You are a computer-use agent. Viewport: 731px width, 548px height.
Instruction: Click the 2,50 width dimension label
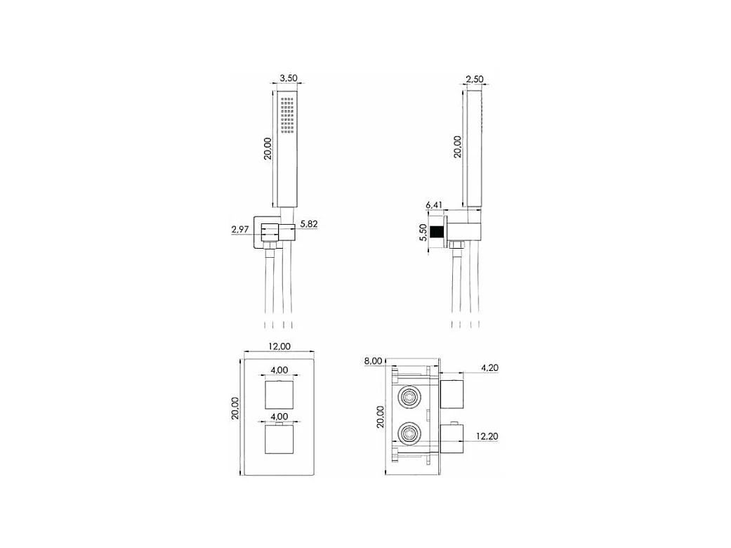pos(475,79)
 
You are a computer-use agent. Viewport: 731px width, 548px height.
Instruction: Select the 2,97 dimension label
pos(242,229)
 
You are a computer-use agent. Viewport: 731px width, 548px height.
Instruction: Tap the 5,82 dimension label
pos(310,223)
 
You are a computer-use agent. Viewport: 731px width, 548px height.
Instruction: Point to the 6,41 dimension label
pos(435,205)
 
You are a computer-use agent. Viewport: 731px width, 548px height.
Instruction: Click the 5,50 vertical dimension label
pos(423,232)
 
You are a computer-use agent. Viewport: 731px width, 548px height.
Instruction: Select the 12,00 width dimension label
pos(279,345)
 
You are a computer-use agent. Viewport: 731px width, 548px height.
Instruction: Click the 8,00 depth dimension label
pos(373,360)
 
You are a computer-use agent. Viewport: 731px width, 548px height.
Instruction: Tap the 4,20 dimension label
pos(490,367)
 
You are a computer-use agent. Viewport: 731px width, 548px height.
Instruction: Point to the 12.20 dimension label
pos(487,436)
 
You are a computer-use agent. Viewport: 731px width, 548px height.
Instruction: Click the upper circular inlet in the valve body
pos(409,397)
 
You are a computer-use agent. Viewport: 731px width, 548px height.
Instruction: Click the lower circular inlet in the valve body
pos(409,433)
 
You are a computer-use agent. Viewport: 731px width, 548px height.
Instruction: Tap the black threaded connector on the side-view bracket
pos(440,231)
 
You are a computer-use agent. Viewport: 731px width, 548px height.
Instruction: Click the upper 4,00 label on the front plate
pos(279,370)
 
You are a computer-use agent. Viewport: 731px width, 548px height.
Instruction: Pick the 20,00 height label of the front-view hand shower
pos(268,148)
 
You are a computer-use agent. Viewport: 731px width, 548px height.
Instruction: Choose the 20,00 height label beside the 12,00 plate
pos(235,408)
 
